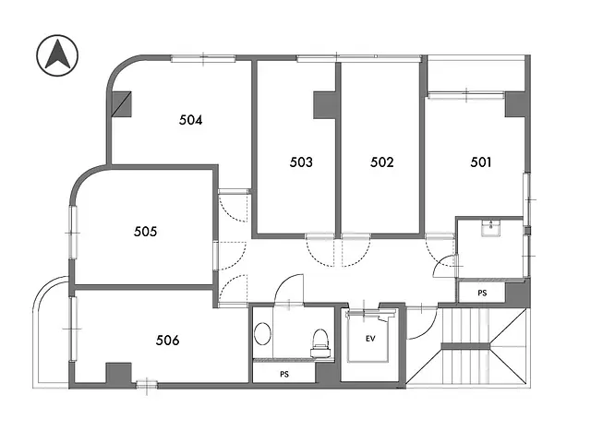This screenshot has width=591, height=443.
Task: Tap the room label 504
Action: [190, 119]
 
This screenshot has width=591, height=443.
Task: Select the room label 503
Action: [300, 162]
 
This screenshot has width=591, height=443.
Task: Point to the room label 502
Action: [382, 162]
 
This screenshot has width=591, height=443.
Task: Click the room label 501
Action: [480, 162]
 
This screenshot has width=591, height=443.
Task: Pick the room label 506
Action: [167, 341]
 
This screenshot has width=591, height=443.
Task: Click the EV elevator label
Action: [370, 339]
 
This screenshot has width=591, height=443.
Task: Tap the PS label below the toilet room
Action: [283, 375]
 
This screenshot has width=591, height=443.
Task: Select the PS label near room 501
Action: [481, 293]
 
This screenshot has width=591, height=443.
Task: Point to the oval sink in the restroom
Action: [263, 336]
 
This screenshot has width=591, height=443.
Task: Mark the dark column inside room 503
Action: [324, 103]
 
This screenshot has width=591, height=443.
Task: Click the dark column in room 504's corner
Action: [122, 102]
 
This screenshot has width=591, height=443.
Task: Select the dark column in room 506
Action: [118, 374]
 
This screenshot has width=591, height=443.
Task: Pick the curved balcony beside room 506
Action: [51, 332]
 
